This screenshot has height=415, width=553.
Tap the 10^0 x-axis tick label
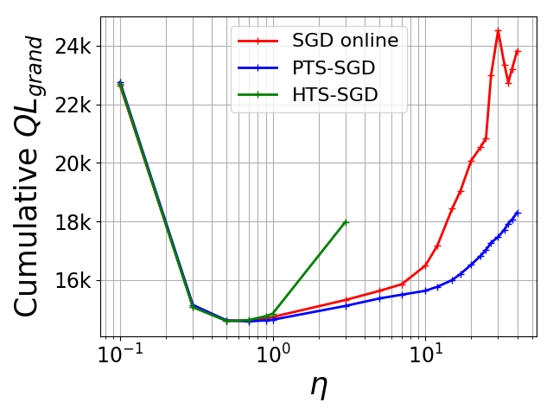tap(272, 355)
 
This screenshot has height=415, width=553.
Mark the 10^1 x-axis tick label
tap(424, 355)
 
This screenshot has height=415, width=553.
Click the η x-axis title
tap(319, 386)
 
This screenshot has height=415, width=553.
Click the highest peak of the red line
tap(498, 30)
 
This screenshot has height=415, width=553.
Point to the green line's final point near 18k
tap(346, 222)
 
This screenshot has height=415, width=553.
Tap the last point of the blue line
tap(517, 212)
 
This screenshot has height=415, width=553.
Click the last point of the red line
tap(517, 51)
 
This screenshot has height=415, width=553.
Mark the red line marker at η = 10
tap(424, 266)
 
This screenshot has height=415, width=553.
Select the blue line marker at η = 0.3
tap(193, 304)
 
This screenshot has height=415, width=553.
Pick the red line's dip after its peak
tap(508, 83)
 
